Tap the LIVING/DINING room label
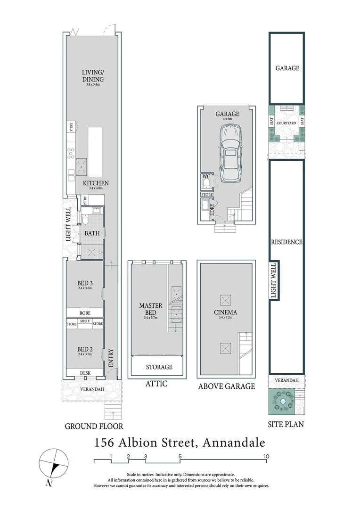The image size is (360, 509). coord(92,75)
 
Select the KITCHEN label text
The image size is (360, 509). coord(96,183)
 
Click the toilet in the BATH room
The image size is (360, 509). coord(85,220)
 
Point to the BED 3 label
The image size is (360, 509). coord(84,283)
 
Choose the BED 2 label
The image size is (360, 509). coord(84,350)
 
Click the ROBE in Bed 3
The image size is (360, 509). coord(85,312)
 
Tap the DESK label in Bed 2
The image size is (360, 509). coord(85,373)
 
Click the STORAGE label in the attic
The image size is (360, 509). coord(158,367)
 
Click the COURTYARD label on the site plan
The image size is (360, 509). coord(287,123)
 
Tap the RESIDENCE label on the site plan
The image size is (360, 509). coord(286,242)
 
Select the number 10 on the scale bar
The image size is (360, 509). coord(266,456)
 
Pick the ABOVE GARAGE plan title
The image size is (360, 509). coord(226,386)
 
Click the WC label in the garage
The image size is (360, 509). coord(206,177)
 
